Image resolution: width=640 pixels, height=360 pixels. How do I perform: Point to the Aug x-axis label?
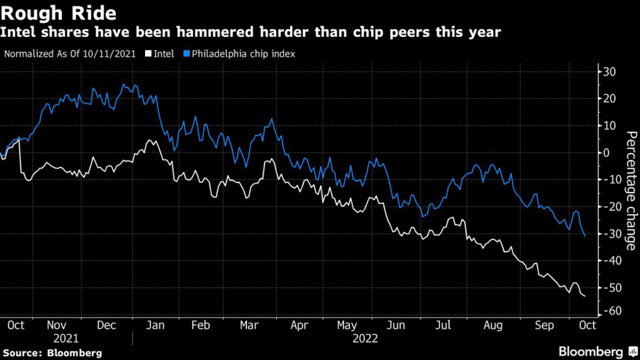[493, 325]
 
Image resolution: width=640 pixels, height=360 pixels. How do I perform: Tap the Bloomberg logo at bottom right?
[590, 351]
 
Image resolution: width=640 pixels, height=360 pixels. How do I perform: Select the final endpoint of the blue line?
[585, 236]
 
